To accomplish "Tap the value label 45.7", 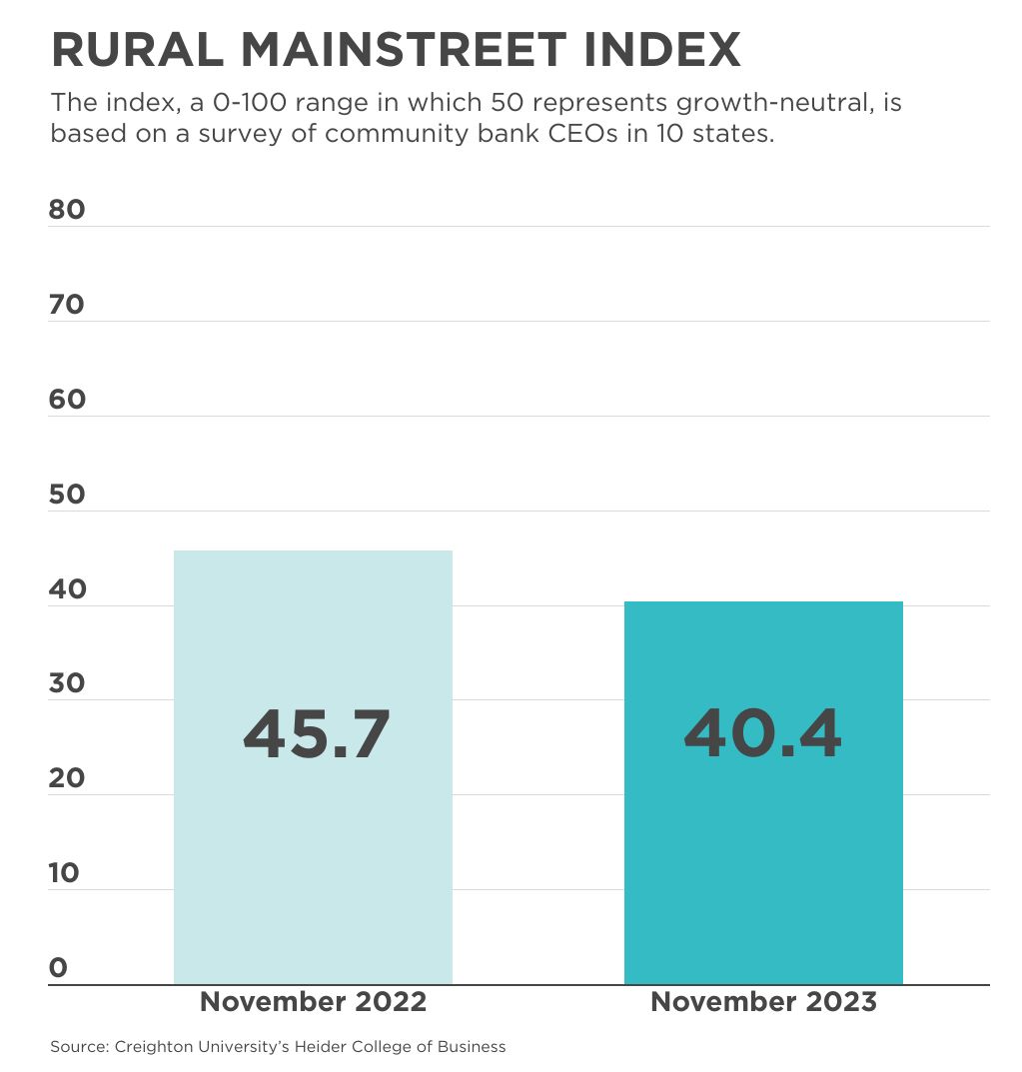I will tap(316, 734).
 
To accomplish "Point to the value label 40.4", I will tap(762, 734).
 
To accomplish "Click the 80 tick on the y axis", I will tap(67, 210).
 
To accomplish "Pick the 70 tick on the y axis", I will tap(67, 305).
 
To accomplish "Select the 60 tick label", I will tap(67, 400).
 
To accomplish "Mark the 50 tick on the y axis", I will tap(67, 495).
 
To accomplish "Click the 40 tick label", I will tap(67, 589).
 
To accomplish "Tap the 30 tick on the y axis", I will tap(67, 683).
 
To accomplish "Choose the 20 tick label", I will tap(67, 778).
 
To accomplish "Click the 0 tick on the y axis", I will tap(58, 967).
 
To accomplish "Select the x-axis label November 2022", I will tap(313, 1002).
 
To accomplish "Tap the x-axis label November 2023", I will tap(763, 1002).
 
